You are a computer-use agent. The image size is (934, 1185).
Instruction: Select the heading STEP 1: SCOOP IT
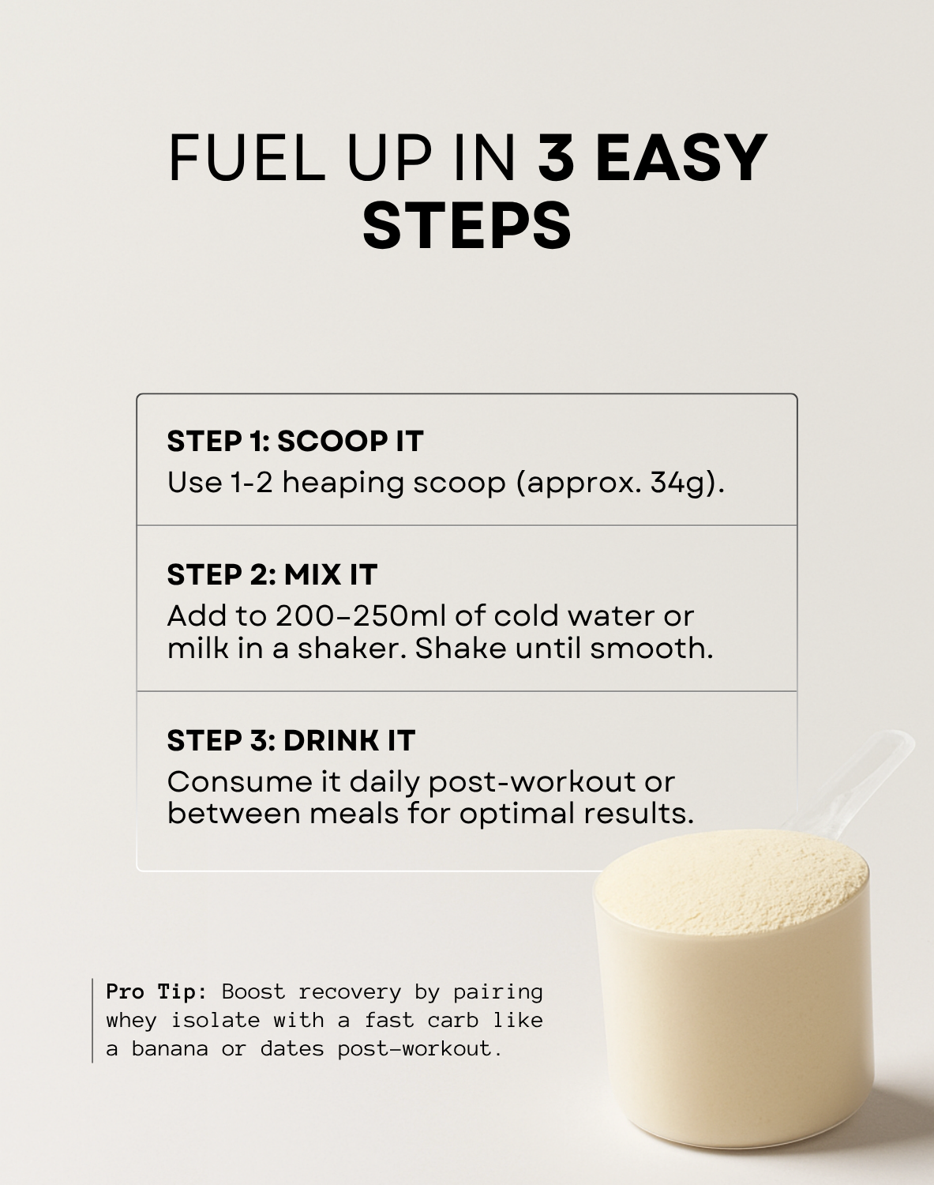click(x=295, y=441)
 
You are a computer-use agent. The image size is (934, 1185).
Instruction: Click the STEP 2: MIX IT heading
click(x=272, y=574)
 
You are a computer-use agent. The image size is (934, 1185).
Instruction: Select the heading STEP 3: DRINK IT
click(x=291, y=740)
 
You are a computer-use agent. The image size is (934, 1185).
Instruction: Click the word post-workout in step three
click(x=532, y=781)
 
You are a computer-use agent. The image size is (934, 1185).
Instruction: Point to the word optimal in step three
click(x=518, y=813)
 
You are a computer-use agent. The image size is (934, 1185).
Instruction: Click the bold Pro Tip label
click(x=156, y=991)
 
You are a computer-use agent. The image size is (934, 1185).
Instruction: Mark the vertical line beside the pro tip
click(x=92, y=1020)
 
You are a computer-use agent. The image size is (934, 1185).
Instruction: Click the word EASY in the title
click(x=680, y=157)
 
